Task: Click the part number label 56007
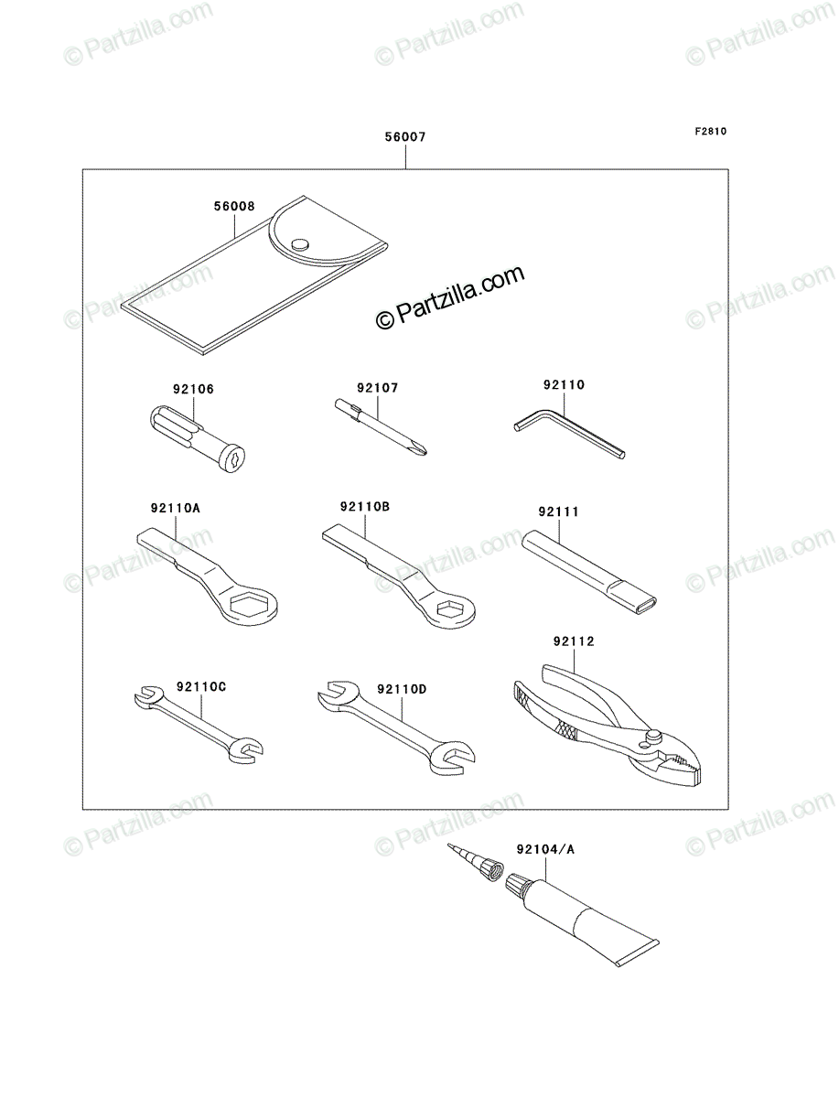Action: coord(405,136)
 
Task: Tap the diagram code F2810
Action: coord(711,131)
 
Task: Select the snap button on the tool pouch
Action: coord(299,244)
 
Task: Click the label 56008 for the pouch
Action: coord(234,206)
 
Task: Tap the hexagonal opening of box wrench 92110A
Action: coord(251,605)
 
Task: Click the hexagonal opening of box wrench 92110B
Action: coord(448,608)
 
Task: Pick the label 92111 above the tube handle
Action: coord(558,511)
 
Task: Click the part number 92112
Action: coord(574,641)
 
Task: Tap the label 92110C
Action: coord(201,687)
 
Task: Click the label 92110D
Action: coord(402,689)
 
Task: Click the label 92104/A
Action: coord(546,849)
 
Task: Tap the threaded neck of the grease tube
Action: coord(521,887)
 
